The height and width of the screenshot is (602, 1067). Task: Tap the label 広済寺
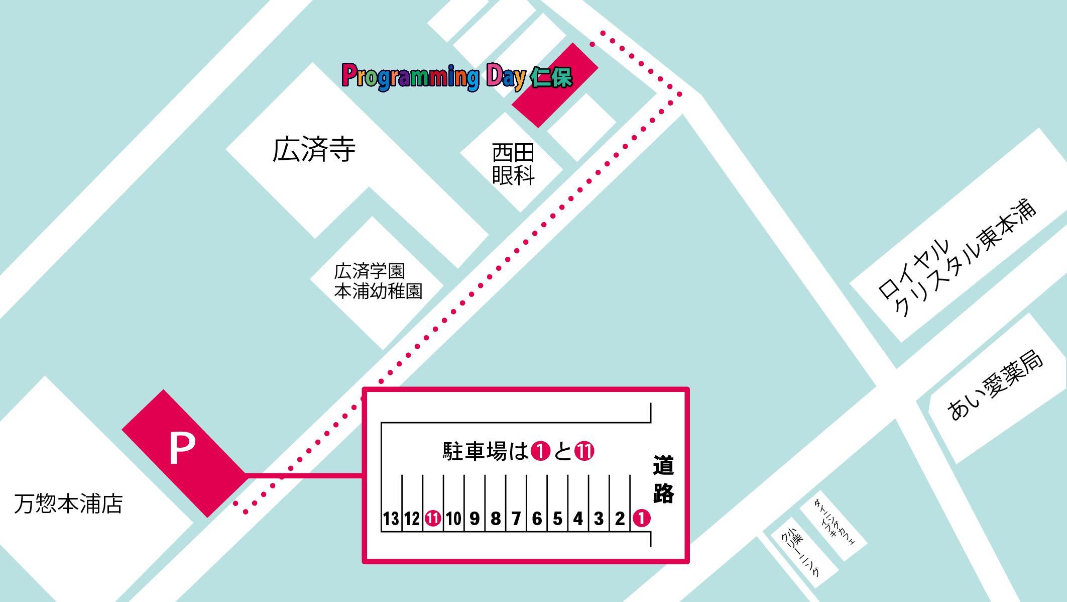click(314, 149)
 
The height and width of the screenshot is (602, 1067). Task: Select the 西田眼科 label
click(513, 164)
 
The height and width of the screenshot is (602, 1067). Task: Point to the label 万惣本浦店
click(68, 504)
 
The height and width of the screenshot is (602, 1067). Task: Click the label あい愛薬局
click(995, 385)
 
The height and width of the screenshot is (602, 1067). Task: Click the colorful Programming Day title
click(457, 77)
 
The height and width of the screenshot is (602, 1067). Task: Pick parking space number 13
click(391, 519)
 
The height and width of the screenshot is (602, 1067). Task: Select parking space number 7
click(516, 519)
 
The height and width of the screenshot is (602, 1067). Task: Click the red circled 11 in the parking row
click(433, 518)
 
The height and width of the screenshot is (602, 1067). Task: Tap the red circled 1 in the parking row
click(641, 518)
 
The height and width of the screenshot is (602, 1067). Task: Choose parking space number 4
click(578, 519)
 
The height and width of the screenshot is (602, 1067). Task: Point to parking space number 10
click(453, 519)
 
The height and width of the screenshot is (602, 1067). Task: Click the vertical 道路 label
click(663, 479)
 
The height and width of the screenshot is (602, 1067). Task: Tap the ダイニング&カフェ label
click(834, 522)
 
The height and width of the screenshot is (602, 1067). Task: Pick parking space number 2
click(620, 519)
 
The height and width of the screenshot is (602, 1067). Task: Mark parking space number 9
click(475, 519)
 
